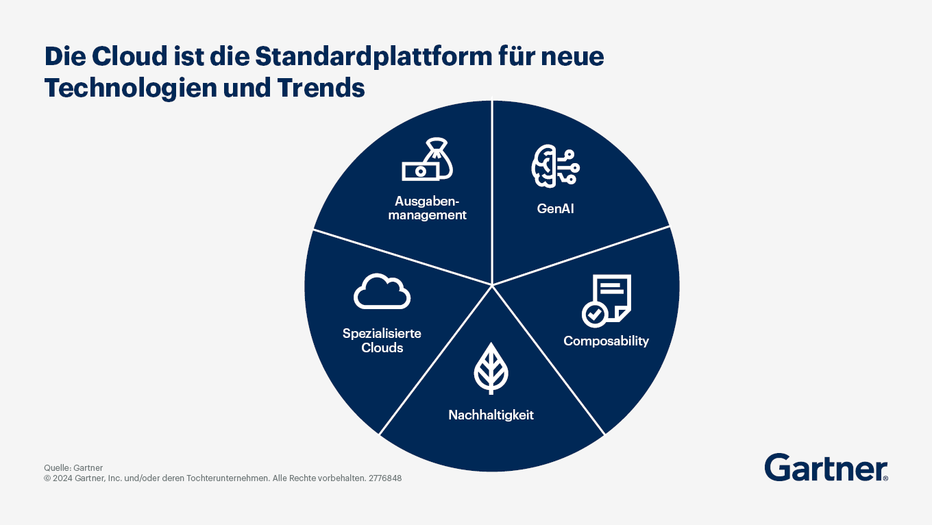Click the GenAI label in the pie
coord(555,208)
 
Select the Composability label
coord(606,341)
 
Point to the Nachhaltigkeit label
coord(491,415)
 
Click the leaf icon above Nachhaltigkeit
coord(491,368)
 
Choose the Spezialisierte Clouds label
coord(382,341)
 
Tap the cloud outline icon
coord(382,292)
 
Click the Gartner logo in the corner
coord(826,468)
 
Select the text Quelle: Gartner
coord(73,467)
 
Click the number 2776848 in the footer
coord(385,478)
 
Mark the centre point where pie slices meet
coord(492,284)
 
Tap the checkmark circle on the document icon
coord(593,315)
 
